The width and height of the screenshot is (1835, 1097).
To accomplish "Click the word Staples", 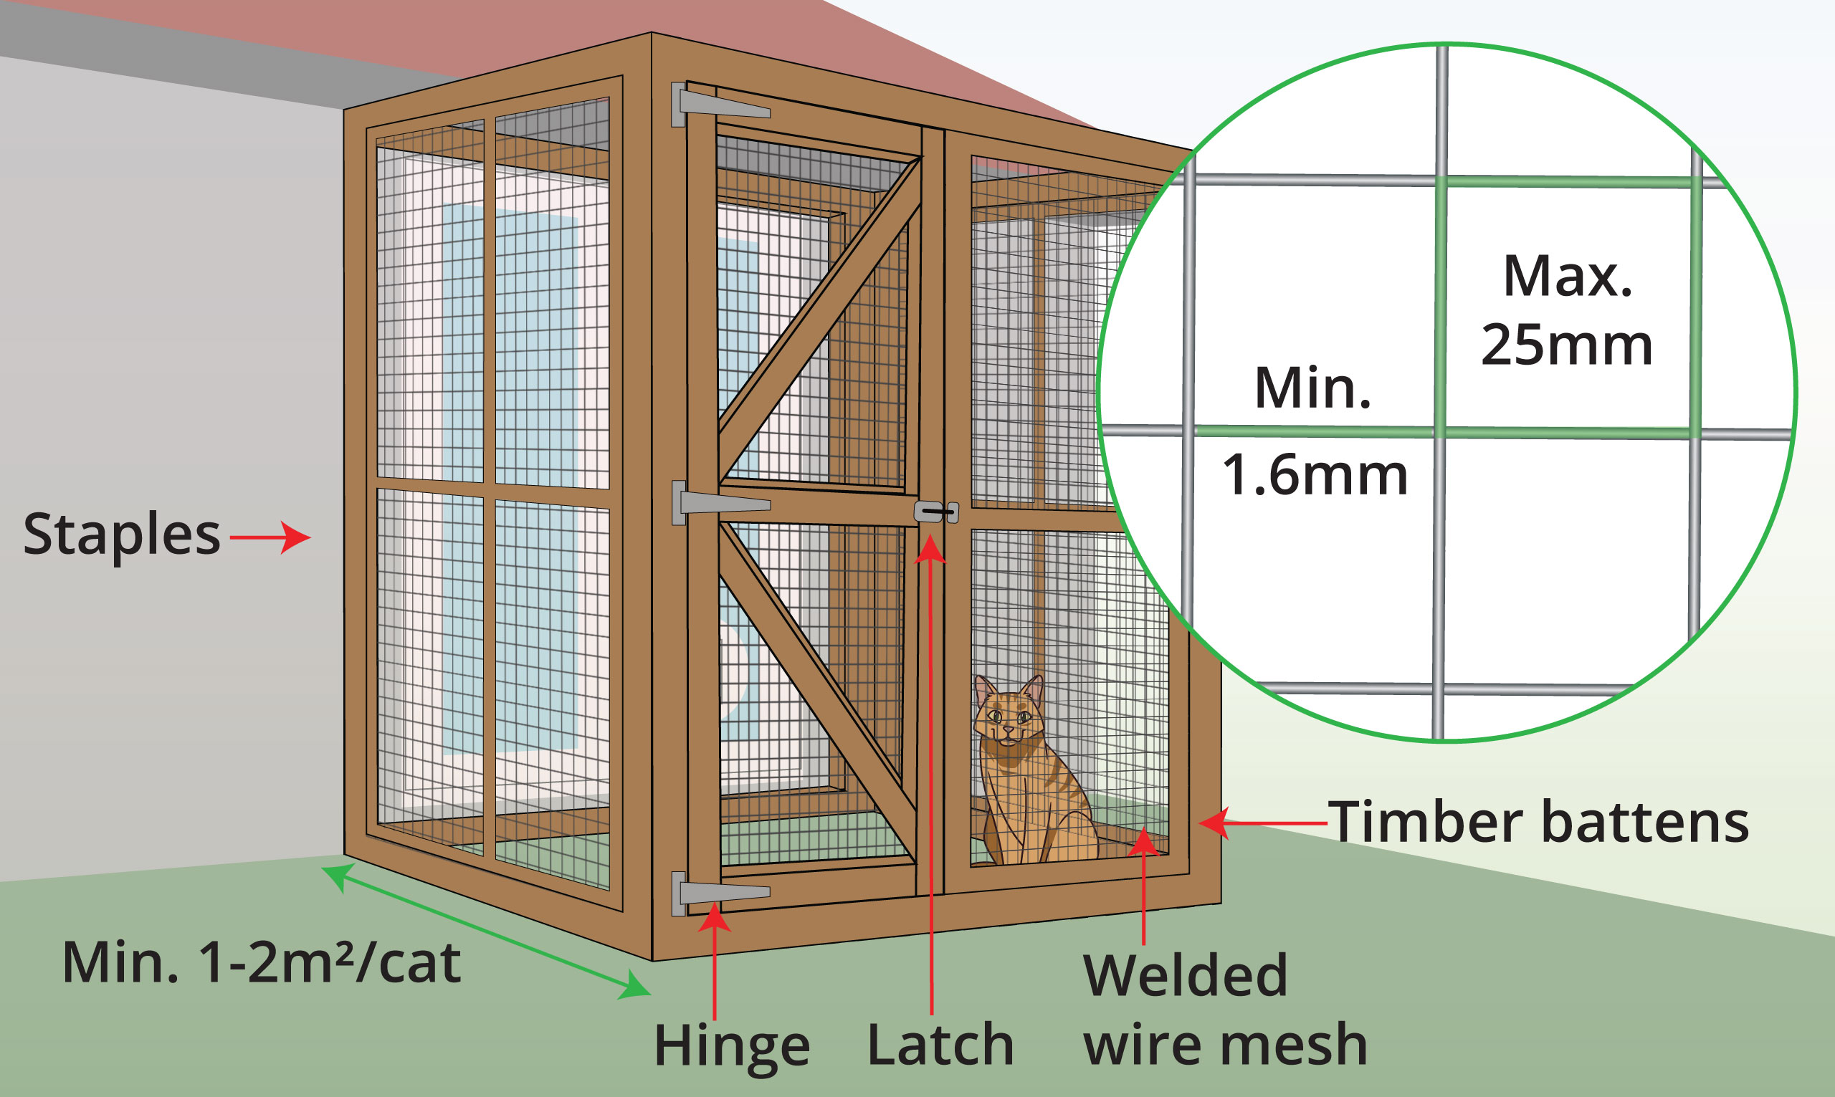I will pyautogui.click(x=122, y=534).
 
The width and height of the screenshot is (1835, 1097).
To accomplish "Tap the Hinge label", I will pyautogui.click(x=731, y=1046).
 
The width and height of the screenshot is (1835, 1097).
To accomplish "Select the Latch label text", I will pyautogui.click(x=940, y=1045).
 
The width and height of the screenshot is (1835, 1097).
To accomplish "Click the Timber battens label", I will pyautogui.click(x=1538, y=822).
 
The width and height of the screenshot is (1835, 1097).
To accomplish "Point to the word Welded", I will pyautogui.click(x=1185, y=976).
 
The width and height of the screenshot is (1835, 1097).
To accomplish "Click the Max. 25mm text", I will pyautogui.click(x=1567, y=310).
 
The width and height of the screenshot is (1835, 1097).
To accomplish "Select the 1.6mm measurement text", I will pyautogui.click(x=1315, y=474).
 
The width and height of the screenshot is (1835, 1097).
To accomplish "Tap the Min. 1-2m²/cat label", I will pyautogui.click(x=262, y=962).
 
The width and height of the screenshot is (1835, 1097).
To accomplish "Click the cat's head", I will pyautogui.click(x=1009, y=714).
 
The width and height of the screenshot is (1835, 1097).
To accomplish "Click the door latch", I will pyautogui.click(x=936, y=512).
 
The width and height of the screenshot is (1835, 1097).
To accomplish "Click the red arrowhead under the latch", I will pyautogui.click(x=930, y=550).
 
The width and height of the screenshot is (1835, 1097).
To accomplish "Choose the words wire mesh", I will pyautogui.click(x=1225, y=1045).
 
